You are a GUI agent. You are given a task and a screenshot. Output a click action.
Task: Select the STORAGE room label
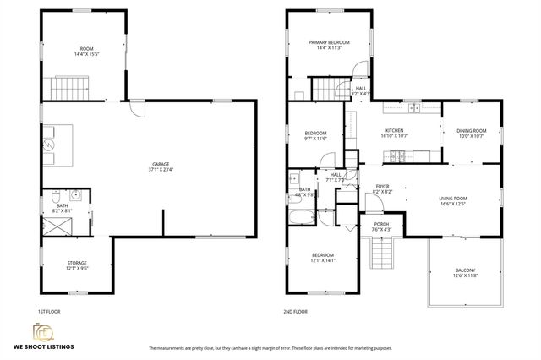77,265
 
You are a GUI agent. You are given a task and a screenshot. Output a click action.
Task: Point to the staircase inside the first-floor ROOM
72,86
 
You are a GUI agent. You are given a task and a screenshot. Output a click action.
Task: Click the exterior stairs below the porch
382,251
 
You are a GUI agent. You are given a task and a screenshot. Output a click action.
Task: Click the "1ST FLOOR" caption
48,311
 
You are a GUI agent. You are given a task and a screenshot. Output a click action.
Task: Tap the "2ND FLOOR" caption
295,311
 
